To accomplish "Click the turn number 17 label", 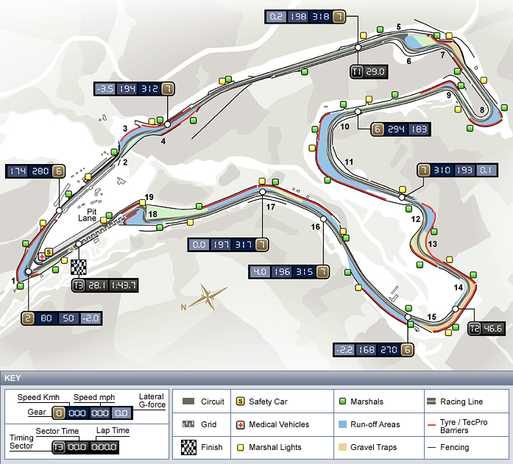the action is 271,207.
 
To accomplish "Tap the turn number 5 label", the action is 398,26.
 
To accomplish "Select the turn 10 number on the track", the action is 345,126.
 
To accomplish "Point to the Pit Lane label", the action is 88,215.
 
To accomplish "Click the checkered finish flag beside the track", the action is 79,267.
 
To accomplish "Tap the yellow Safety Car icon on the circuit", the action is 49,252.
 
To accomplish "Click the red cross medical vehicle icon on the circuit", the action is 42,257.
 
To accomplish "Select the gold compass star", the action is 208,296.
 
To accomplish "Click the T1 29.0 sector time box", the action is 369,72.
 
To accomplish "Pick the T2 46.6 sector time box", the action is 487,329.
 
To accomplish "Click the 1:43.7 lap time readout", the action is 124,285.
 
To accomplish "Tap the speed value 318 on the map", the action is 321,17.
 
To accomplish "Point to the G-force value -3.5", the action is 105,89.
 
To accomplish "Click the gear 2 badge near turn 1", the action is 28,318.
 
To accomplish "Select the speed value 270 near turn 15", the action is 389,350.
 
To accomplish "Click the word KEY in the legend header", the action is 13,378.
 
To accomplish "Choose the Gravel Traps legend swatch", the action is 342,447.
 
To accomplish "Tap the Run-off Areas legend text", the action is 375,424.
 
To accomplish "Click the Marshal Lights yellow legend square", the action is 241,447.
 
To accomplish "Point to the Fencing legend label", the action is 454,447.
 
